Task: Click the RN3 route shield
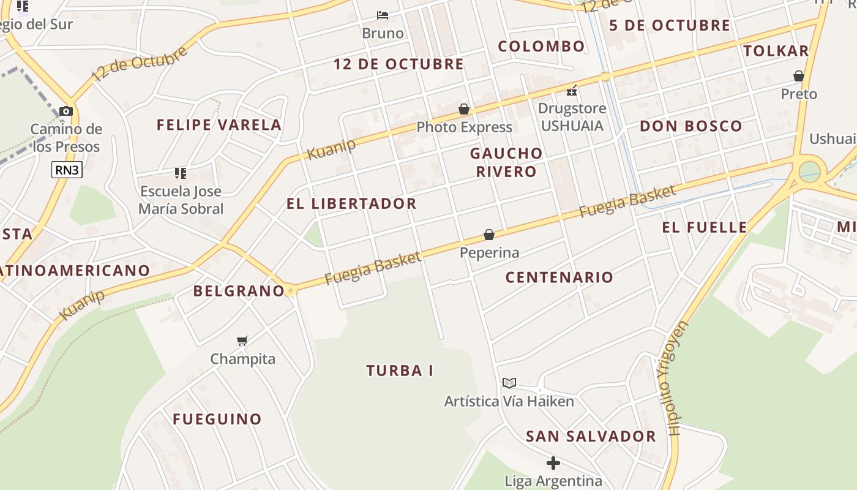point(67,170)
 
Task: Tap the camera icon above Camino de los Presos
point(66,111)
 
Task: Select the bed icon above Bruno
point(383,15)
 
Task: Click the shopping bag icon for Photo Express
point(464,109)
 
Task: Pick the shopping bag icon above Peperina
point(489,235)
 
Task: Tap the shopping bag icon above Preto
point(799,76)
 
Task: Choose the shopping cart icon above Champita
point(242,341)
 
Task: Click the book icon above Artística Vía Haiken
point(509,383)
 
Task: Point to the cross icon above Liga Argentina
point(553,462)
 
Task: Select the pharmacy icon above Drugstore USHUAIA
point(572,91)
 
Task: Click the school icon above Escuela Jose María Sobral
point(180,173)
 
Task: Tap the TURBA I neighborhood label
point(400,371)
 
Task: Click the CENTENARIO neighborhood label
point(559,277)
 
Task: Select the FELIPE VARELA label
point(219,125)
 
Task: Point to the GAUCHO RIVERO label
point(506,162)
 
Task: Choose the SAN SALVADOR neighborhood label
point(591,436)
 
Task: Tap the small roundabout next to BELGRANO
point(291,291)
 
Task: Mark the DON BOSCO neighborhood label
point(690,126)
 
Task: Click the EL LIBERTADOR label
point(351,203)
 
